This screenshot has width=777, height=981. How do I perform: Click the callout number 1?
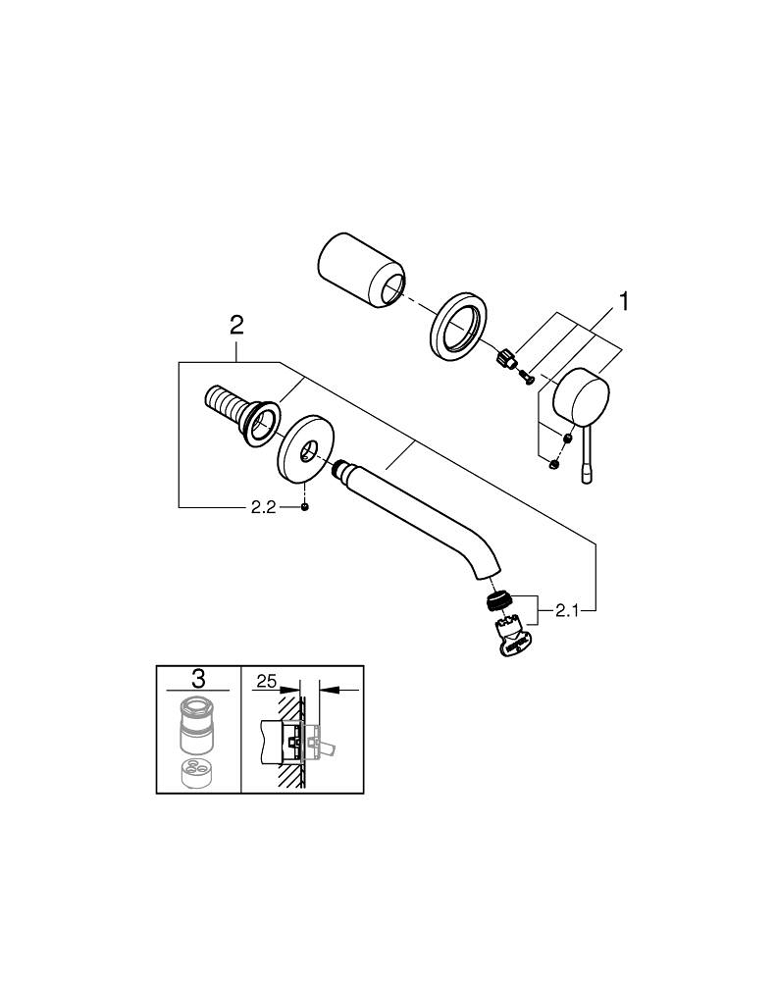[x=620, y=300]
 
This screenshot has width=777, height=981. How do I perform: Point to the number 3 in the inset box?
[x=198, y=678]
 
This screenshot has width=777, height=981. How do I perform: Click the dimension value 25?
[x=264, y=679]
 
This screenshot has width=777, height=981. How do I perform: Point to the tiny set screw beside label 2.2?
[x=306, y=507]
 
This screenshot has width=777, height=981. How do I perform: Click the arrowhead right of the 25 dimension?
[x=326, y=691]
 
